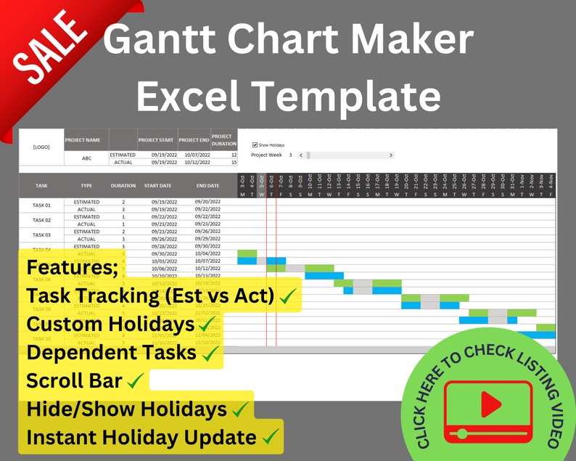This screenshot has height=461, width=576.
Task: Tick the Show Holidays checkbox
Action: click(x=255, y=144)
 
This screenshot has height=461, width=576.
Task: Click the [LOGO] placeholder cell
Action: click(x=41, y=147)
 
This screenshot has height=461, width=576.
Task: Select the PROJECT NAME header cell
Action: click(x=86, y=139)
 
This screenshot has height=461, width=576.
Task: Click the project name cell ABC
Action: click(x=86, y=158)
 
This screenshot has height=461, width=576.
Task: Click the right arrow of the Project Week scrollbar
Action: click(x=391, y=155)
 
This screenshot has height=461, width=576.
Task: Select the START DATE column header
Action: click(x=157, y=186)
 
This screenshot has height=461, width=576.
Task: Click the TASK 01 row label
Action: click(x=41, y=205)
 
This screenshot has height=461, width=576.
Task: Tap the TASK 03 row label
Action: click(x=41, y=234)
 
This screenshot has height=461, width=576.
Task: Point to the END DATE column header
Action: click(x=207, y=186)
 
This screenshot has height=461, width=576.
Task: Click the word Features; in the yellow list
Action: click(x=72, y=266)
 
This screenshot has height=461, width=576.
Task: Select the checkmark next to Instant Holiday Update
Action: click(x=270, y=437)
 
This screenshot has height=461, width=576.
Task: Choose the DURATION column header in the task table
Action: click(x=123, y=186)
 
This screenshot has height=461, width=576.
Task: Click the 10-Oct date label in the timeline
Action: click(x=310, y=181)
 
